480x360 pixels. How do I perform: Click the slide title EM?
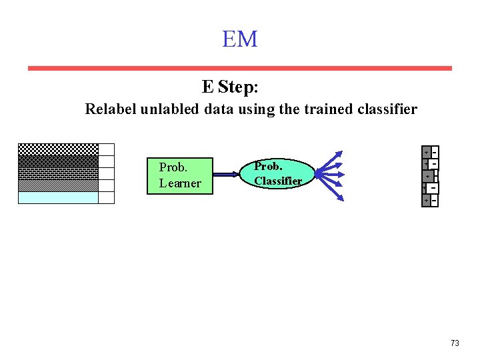pos(240,39)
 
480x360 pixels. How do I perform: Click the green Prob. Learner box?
pos(179,176)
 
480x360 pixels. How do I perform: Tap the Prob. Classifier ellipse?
pos(277,173)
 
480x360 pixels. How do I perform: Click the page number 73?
pos(455,343)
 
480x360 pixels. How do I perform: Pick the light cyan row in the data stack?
pos(58,197)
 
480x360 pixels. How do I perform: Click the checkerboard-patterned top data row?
pos(58,149)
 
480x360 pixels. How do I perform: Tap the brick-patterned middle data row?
pos(58,173)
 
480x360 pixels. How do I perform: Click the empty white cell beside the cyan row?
pos(107,197)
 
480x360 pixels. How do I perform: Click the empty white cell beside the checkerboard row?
pos(107,149)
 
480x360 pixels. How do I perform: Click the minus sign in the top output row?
pos(435,152)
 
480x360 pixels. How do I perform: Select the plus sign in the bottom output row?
pos(427,199)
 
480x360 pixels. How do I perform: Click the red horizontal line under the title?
pos(240,68)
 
